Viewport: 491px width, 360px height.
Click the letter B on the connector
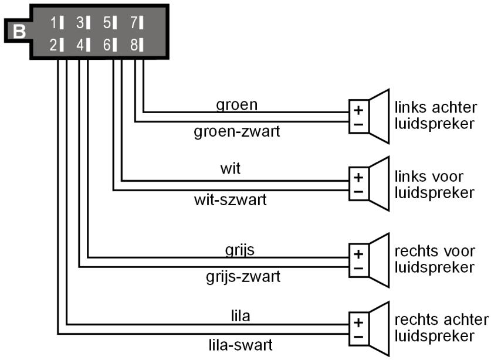pyautogui.click(x=19, y=31)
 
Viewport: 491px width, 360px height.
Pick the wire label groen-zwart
pyautogui.click(x=236, y=131)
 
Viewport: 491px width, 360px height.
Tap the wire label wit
pyautogui.click(x=230, y=169)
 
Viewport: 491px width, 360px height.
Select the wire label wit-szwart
pyautogui.click(x=230, y=200)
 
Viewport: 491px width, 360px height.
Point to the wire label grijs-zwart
pyautogui.click(x=243, y=275)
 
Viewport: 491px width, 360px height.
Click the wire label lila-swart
pyautogui.click(x=241, y=344)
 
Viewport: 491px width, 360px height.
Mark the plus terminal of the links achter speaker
pyautogui.click(x=358, y=110)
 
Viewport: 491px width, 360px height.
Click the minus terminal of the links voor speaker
pyautogui.click(x=358, y=191)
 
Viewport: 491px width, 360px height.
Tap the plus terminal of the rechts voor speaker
pyautogui.click(x=358, y=254)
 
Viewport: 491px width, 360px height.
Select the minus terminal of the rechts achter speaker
pyautogui.click(x=358, y=336)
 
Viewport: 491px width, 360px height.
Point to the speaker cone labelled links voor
pyautogui.click(x=378, y=183)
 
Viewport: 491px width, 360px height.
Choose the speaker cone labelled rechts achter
pyautogui.click(x=378, y=329)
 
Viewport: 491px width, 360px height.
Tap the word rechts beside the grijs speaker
pyautogui.click(x=414, y=252)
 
